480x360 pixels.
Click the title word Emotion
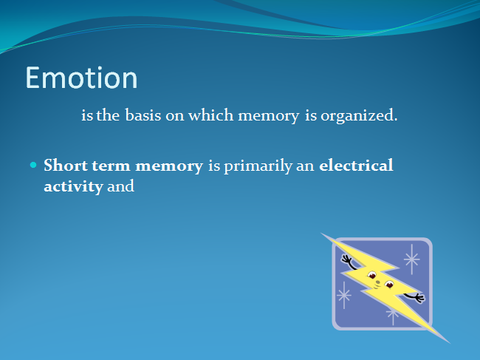coord(81,78)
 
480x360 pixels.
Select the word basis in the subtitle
coord(143,115)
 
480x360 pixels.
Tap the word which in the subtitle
coord(210,115)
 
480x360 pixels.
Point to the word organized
coord(359,116)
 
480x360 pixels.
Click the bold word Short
coord(66,166)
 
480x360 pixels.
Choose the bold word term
coord(111,166)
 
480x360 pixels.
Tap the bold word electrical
coord(356,166)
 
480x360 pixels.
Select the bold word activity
coord(73,187)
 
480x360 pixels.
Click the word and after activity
coord(120,186)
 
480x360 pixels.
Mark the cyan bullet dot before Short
coord(33,166)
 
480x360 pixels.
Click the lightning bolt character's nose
coord(378,282)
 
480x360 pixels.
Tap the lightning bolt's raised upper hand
coord(346,259)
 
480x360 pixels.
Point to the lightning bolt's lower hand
coord(419,297)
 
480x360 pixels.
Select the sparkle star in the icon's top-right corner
coord(412,259)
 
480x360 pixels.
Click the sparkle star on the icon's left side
coord(344,295)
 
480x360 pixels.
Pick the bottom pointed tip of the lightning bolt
coord(449,342)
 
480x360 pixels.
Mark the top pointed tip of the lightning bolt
coord(322,234)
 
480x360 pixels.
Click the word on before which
coord(174,116)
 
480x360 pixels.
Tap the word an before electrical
coord(305,166)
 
